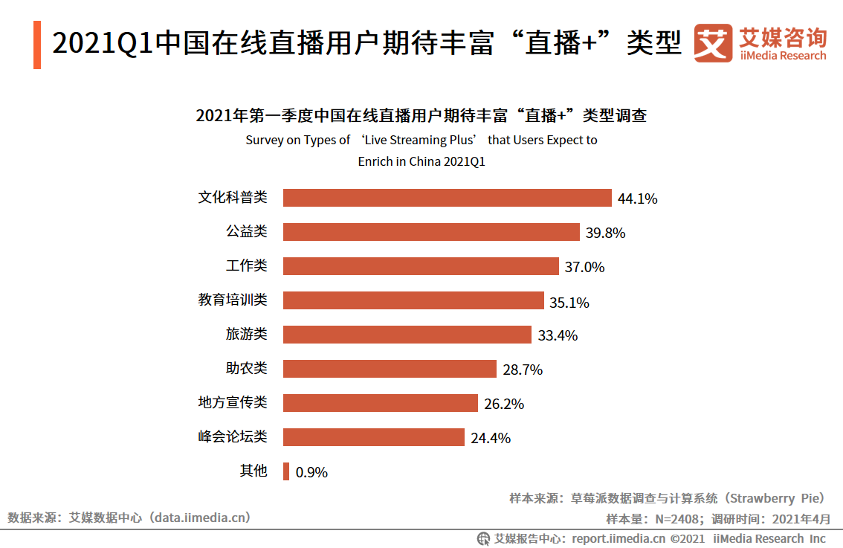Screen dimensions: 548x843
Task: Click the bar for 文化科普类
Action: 447,198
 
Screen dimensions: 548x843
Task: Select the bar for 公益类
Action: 431,232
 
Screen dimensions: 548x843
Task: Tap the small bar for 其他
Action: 286,471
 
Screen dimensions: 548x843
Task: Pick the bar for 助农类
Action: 390,369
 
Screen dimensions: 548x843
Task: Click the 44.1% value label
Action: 637,199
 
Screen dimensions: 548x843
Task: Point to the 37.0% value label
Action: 584,267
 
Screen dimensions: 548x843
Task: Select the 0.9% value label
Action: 311,472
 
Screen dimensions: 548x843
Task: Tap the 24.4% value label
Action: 490,438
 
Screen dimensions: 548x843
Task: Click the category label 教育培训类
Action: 232,300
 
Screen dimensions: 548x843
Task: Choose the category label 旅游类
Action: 246,335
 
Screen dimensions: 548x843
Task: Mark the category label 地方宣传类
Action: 232,403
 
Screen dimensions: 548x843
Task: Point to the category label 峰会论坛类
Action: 232,436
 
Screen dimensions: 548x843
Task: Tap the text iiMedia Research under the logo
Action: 783,56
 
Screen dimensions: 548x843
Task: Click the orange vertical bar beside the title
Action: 37,45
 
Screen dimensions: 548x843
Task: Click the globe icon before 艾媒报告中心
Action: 484,538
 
